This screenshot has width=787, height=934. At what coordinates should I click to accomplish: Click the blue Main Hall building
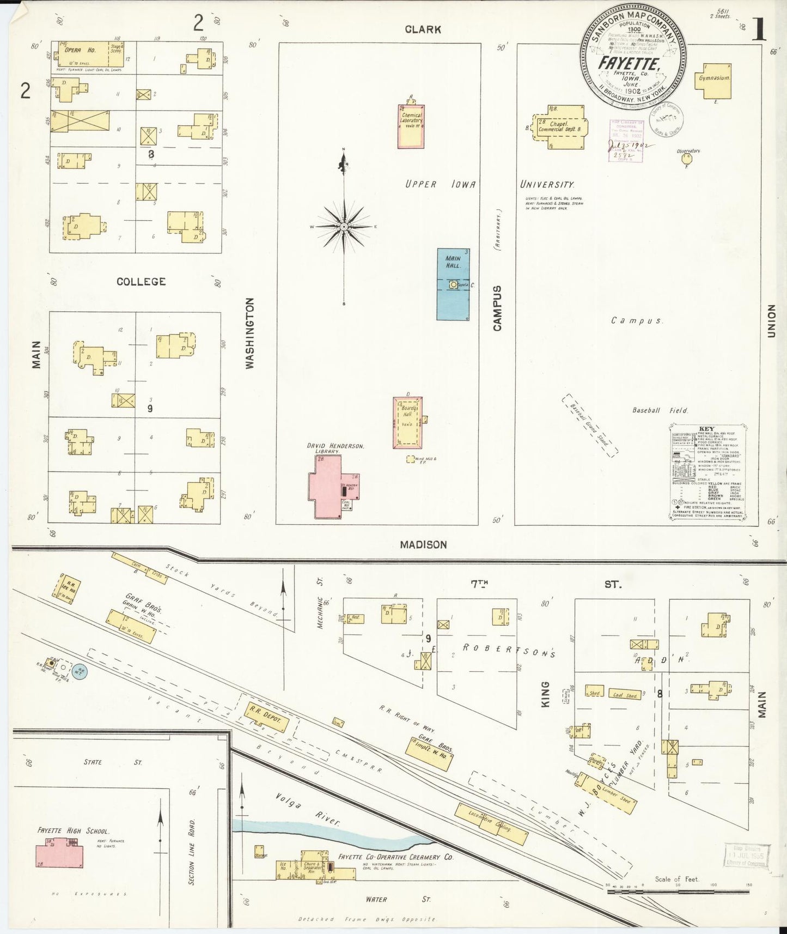453,284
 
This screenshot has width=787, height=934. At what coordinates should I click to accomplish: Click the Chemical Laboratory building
411,125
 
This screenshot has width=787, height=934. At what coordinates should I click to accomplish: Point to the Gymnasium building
714,78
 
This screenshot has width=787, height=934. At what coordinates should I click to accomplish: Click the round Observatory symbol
686,159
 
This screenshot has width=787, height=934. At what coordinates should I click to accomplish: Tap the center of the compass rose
344,226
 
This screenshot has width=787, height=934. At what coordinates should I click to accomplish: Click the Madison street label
423,544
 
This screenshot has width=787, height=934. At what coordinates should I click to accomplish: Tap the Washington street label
250,333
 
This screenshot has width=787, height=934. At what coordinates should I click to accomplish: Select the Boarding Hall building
408,422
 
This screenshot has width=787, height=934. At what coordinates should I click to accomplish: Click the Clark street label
423,29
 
